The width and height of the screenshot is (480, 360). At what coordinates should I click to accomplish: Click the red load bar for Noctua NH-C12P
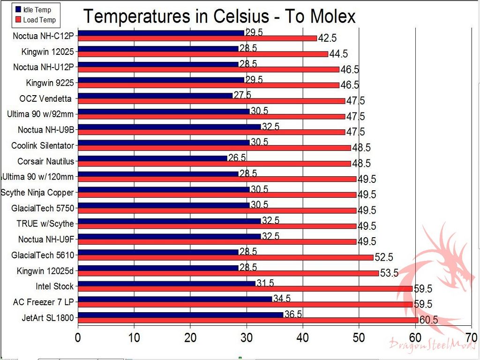[197, 38]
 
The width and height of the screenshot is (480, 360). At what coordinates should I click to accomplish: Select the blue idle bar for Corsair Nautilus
[152, 158]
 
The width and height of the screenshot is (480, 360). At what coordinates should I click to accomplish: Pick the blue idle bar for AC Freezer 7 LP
[175, 299]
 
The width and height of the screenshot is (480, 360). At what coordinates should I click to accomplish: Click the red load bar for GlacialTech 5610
[225, 257]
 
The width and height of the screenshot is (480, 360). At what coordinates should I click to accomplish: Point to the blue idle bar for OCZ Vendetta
[155, 95]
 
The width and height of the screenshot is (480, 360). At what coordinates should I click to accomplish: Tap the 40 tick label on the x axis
[302, 338]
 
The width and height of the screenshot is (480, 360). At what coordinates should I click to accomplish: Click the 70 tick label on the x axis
[471, 338]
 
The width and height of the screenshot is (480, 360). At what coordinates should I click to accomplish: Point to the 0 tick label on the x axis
[78, 338]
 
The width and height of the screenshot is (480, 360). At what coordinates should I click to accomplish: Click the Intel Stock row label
[54, 286]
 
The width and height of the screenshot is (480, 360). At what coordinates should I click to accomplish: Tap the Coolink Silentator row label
[42, 145]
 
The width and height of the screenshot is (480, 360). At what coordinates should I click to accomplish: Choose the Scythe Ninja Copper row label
[37, 192]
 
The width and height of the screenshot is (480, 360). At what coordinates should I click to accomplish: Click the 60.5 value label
[428, 320]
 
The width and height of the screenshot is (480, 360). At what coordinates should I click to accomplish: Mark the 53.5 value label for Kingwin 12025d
[389, 273]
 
